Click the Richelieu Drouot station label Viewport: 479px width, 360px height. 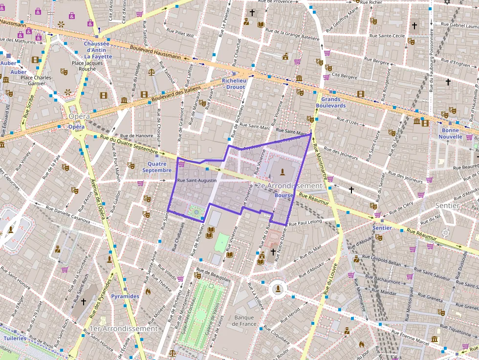point(233,84)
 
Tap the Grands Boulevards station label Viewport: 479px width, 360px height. point(330,102)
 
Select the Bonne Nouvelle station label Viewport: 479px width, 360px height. point(450,133)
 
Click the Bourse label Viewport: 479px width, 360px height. point(283,195)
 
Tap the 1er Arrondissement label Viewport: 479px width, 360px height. point(124,329)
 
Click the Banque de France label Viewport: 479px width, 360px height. point(244,320)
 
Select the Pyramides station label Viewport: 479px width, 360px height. point(125,296)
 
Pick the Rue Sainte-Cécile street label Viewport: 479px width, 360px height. point(387,36)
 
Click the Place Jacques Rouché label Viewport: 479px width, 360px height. point(84,66)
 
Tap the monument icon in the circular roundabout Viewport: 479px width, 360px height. point(278,289)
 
